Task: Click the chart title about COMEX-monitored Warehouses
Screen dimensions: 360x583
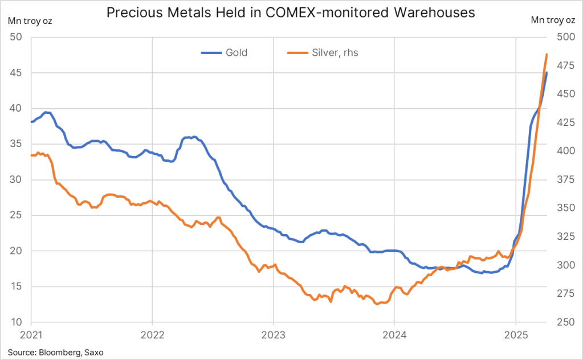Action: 291,13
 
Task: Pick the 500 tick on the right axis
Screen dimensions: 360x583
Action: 565,38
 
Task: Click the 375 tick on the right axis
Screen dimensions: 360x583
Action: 565,180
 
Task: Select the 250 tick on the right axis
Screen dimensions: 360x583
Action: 565,322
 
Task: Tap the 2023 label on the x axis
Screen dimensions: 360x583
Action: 273,336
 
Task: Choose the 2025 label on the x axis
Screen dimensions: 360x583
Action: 516,336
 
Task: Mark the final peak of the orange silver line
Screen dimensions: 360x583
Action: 547,55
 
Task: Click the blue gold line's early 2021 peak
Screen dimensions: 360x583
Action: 47,112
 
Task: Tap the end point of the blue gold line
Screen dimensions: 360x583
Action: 547,73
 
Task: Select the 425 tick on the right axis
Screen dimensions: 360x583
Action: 565,123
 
